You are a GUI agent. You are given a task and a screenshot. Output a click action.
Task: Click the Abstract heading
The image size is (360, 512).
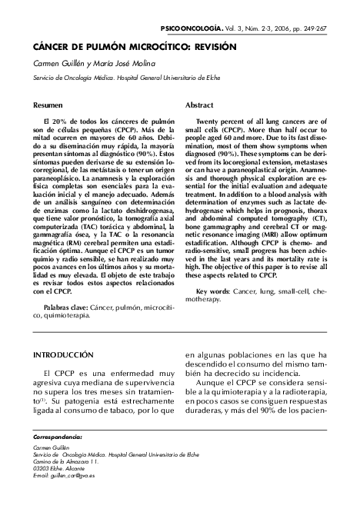pos(200,105)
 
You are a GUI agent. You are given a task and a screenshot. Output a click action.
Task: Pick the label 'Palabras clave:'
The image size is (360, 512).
pos(65,307)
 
